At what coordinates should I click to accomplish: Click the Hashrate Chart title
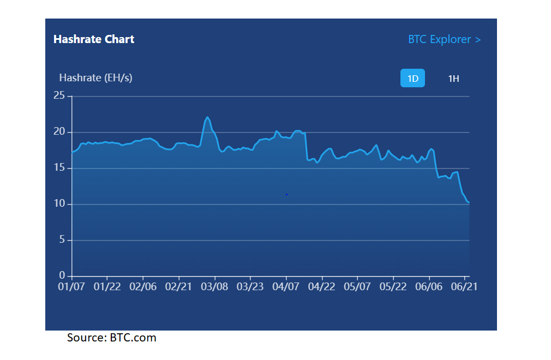pyautogui.click(x=94, y=39)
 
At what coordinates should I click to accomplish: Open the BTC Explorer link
pyautogui.click(x=444, y=39)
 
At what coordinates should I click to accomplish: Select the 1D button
pyautogui.click(x=412, y=78)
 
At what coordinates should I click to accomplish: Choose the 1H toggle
pyautogui.click(x=453, y=79)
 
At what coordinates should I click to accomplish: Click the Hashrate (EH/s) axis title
pyautogui.click(x=95, y=77)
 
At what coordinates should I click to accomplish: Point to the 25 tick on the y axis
pyautogui.click(x=59, y=95)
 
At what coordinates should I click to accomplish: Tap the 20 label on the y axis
pyautogui.click(x=59, y=131)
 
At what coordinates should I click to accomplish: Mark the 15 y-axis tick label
pyautogui.click(x=59, y=167)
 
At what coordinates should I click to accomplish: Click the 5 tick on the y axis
pyautogui.click(x=62, y=239)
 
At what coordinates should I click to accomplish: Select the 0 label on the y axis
pyautogui.click(x=62, y=275)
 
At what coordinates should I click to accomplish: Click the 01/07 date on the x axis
pyautogui.click(x=71, y=286)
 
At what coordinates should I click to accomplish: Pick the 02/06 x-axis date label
pyautogui.click(x=143, y=286)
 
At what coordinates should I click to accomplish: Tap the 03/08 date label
pyautogui.click(x=214, y=286)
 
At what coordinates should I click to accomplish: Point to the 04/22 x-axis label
pyautogui.click(x=321, y=286)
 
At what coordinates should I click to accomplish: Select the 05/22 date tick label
pyautogui.click(x=393, y=286)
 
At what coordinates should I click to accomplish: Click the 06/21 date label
pyautogui.click(x=464, y=286)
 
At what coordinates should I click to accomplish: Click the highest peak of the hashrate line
pyautogui.click(x=207, y=117)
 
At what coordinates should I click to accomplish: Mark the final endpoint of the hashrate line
pyautogui.click(x=469, y=202)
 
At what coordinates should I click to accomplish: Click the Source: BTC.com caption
pyautogui.click(x=112, y=338)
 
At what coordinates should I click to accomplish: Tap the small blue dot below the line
pyautogui.click(x=287, y=194)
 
